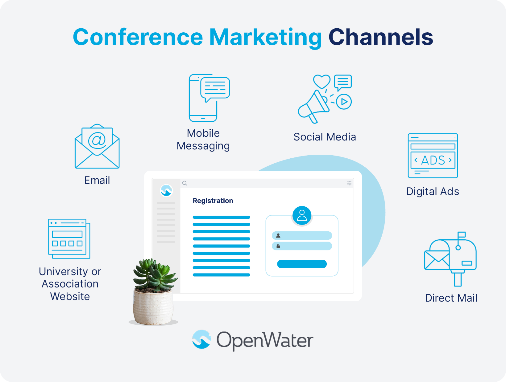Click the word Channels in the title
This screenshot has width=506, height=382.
pos(381,37)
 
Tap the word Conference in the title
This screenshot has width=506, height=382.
pos(138,37)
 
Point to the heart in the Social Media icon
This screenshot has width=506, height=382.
pos(321,81)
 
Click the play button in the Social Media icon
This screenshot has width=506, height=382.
pos(344,102)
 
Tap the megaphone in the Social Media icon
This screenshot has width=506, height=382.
pos(312,106)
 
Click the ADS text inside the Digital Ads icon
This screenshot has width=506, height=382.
pos(433,160)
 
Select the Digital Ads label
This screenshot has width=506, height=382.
pos(433,191)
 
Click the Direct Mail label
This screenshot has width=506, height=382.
pos(451,298)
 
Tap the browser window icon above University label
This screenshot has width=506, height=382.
pos(69,239)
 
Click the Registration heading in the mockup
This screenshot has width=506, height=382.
pos(213,201)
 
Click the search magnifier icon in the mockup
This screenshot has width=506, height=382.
pos(185,183)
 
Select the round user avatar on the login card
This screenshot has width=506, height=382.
pos(302,215)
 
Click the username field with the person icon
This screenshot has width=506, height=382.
pos(302,236)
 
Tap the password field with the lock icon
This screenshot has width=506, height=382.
pos(302,246)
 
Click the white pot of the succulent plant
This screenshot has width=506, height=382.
pos(153,308)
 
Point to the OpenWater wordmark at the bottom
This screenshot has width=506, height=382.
pos(265,340)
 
